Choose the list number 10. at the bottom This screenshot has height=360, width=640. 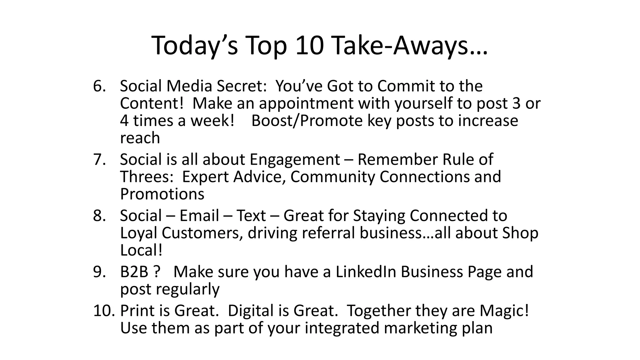[104, 311]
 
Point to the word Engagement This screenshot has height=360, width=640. [295, 160]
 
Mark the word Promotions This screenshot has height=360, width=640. [162, 194]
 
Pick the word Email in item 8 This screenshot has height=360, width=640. [199, 216]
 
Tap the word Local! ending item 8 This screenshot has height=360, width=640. [141, 250]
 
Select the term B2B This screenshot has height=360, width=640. [134, 272]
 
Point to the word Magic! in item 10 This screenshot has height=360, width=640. [504, 311]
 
